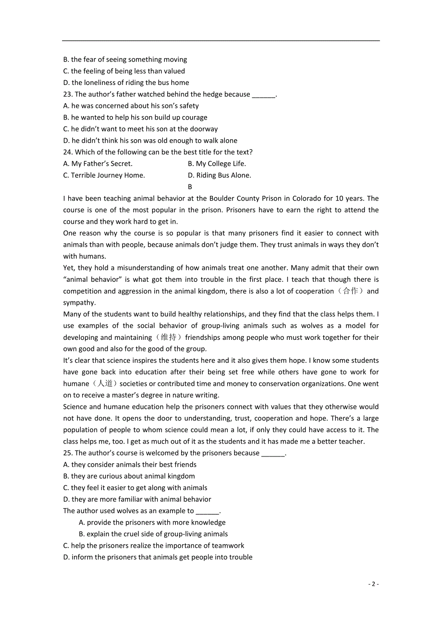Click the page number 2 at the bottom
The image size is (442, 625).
pyautogui.click(x=373, y=584)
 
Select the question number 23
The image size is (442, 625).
pyautogui.click(x=68, y=95)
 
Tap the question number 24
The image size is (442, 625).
pyautogui.click(x=68, y=152)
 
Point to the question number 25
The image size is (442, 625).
pyautogui.click(x=68, y=453)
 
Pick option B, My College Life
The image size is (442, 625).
pyautogui.click(x=217, y=164)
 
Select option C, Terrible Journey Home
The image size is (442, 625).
pyautogui.click(x=104, y=175)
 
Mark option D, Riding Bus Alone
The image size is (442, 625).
pyautogui.click(x=219, y=175)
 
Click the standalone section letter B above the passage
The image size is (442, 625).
pyautogui.click(x=190, y=187)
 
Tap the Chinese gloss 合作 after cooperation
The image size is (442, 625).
pyautogui.click(x=350, y=291)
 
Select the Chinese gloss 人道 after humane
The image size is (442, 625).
pyautogui.click(x=105, y=384)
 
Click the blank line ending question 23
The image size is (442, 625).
pyautogui.click(x=264, y=95)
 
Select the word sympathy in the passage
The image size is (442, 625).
pyautogui.click(x=78, y=303)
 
